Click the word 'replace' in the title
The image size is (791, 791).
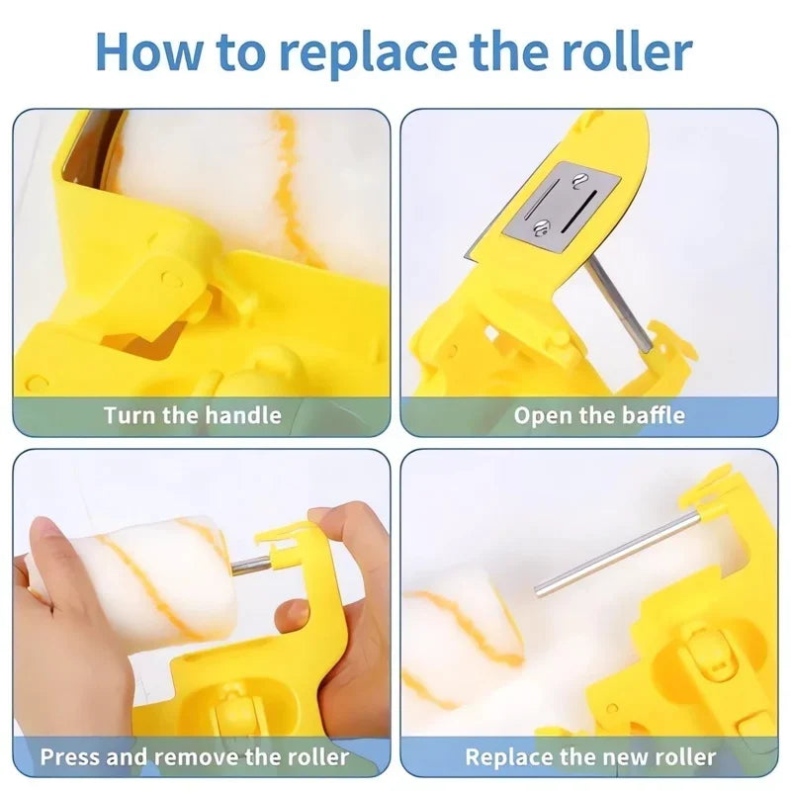click(x=367, y=52)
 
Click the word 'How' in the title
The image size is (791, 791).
click(x=150, y=51)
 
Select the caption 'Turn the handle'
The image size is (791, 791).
click(x=192, y=415)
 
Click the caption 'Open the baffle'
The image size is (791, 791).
click(x=599, y=415)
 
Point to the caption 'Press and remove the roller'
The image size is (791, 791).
click(x=194, y=756)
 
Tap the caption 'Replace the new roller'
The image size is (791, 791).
click(x=590, y=756)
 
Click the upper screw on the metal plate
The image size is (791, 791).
click(x=579, y=180)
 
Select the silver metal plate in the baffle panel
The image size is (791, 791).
click(x=561, y=206)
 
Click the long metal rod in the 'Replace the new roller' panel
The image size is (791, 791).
click(x=616, y=555)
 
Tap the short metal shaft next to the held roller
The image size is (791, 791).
click(x=251, y=564)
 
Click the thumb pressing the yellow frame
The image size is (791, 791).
click(x=292, y=614)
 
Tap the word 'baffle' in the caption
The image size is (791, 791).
click(x=654, y=415)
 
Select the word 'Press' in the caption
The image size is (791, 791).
click(x=70, y=756)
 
